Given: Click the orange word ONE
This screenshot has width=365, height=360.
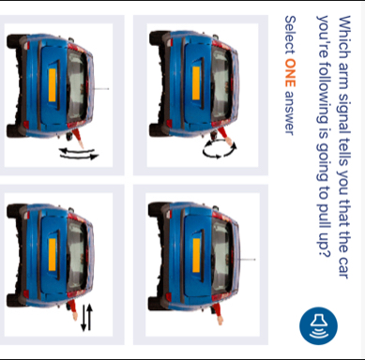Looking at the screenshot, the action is [290, 73].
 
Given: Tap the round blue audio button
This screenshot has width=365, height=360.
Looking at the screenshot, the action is [318, 325].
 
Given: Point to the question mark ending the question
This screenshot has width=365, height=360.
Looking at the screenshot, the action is [324, 250].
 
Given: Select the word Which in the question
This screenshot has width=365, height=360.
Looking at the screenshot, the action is [345, 37].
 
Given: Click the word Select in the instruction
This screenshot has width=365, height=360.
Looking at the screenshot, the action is [290, 35].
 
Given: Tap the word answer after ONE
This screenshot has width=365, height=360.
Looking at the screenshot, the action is [290, 113].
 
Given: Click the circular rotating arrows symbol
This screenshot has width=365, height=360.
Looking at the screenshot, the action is [220, 149].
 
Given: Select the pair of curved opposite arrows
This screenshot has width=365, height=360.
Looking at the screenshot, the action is [79, 154].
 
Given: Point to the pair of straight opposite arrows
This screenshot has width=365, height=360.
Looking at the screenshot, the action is [87, 318].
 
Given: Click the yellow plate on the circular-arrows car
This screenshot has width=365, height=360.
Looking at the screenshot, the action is [196, 83].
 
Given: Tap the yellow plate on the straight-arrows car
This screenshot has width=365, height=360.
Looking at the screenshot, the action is [53, 255].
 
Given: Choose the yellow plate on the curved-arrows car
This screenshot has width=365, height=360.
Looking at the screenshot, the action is [53, 85].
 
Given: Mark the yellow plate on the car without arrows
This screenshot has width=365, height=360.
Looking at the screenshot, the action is [196, 255].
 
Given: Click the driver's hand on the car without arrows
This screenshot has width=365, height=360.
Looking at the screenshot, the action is [220, 320].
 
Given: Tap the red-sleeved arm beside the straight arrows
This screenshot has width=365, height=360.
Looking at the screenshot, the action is [73, 309].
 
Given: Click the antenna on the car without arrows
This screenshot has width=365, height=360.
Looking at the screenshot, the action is [247, 260].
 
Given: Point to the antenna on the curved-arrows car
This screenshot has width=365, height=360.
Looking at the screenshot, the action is [101, 89].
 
